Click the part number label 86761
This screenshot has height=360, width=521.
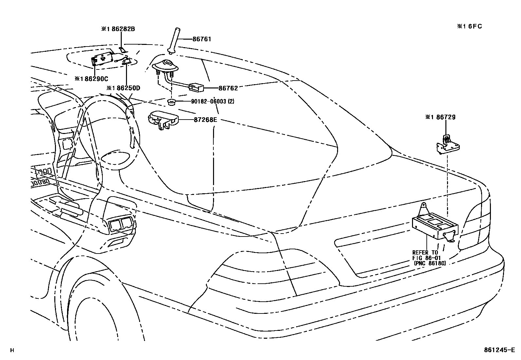202,39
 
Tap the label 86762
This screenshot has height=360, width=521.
228,88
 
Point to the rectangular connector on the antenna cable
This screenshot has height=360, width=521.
196,87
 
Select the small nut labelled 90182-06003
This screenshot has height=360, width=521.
170,102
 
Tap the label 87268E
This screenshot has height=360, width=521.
206,120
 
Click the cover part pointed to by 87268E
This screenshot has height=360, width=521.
163,119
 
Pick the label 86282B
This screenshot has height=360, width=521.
118,29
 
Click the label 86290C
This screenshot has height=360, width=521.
91,79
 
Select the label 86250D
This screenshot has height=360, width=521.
123,88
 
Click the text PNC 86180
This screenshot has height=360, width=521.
430,263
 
